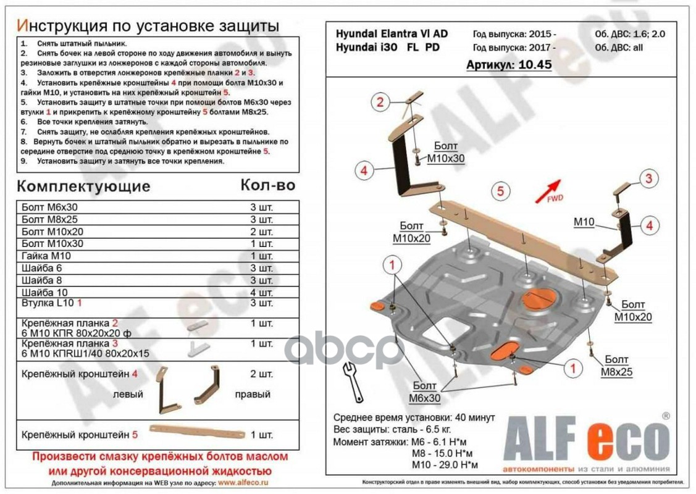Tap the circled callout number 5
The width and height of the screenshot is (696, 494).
(x=501, y=191)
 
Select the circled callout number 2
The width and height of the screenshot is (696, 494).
(x=381, y=103)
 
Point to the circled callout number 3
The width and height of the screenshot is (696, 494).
(x=648, y=180)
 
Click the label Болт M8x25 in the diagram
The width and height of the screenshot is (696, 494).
(x=616, y=366)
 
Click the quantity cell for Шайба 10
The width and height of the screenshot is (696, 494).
(x=261, y=291)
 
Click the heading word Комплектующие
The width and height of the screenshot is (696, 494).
(x=83, y=186)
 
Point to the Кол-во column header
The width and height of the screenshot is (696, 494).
(x=267, y=185)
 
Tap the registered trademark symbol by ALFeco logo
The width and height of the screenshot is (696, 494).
(x=665, y=416)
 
